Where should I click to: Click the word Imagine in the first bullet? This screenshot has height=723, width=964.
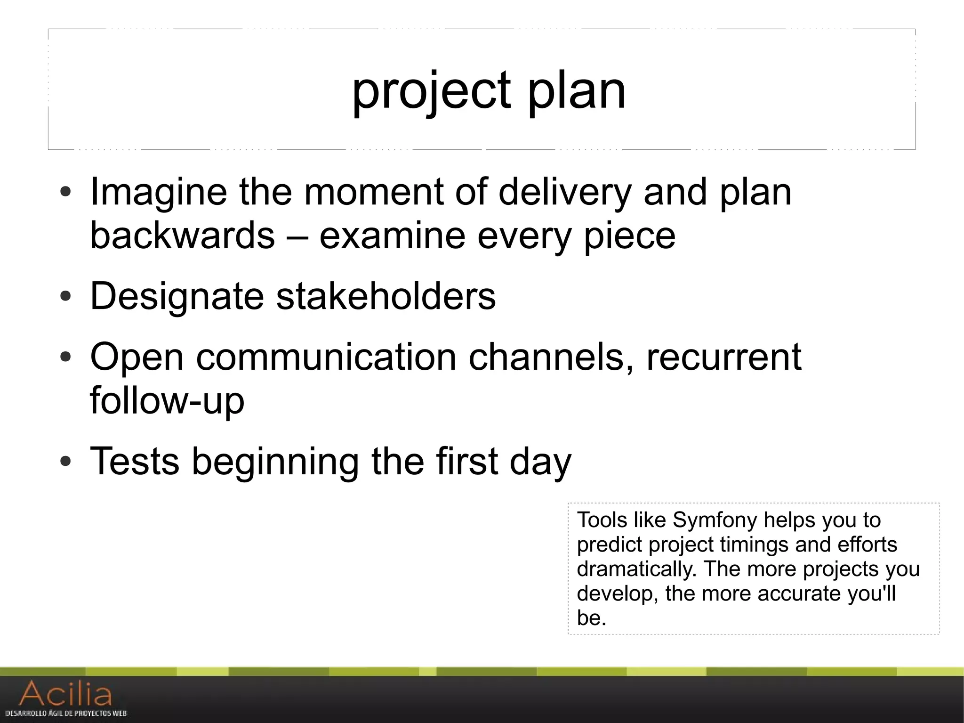[158, 192]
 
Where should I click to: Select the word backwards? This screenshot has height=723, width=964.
[182, 236]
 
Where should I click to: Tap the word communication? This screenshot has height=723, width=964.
[326, 357]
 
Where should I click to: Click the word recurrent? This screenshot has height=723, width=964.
[723, 357]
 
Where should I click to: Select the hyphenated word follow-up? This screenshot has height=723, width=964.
[167, 400]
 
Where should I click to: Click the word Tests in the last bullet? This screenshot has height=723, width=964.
[135, 461]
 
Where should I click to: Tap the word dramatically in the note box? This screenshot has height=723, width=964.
[636, 569]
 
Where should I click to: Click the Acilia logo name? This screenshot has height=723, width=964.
[66, 694]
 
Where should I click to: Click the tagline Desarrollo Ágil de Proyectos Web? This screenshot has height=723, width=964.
[66, 714]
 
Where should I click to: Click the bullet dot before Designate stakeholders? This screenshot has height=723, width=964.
[66, 297]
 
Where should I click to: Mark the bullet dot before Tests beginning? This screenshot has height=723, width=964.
[66, 461]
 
